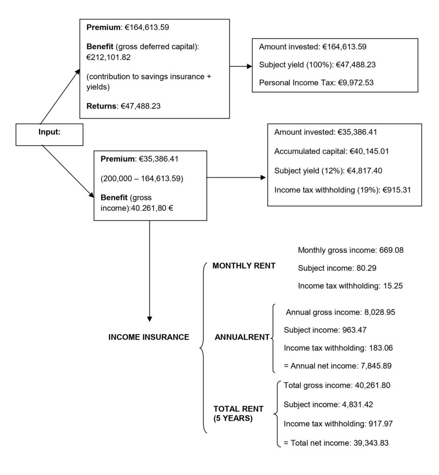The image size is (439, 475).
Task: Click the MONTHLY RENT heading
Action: point(244,266)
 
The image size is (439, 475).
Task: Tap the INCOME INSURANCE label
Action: point(148,337)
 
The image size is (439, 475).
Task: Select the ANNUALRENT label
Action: point(242,337)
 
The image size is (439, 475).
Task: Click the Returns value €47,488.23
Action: point(142,106)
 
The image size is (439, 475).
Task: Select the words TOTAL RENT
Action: point(238,409)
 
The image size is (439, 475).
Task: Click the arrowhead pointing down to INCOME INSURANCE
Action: point(149,319)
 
